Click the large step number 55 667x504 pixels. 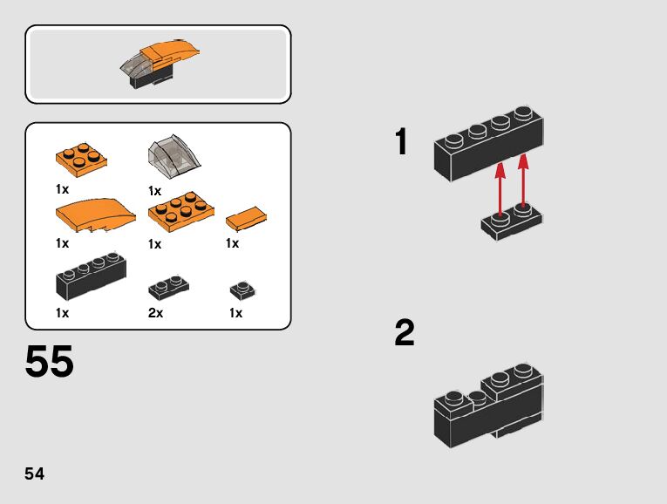pyautogui.click(x=50, y=362)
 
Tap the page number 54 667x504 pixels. pyautogui.click(x=35, y=474)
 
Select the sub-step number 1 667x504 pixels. pyautogui.click(x=401, y=143)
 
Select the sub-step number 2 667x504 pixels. pyautogui.click(x=405, y=333)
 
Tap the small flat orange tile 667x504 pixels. pyautogui.click(x=246, y=217)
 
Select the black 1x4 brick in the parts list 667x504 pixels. pyautogui.click(x=91, y=276)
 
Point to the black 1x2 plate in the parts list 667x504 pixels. pyautogui.click(x=170, y=287)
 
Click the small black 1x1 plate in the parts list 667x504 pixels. pyautogui.click(x=242, y=290)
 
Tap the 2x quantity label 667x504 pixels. pyautogui.click(x=156, y=313)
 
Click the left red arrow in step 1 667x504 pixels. pyautogui.click(x=500, y=187)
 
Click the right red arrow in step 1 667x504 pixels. pyautogui.click(x=523, y=183)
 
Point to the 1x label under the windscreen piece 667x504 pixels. pyautogui.click(x=155, y=191)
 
